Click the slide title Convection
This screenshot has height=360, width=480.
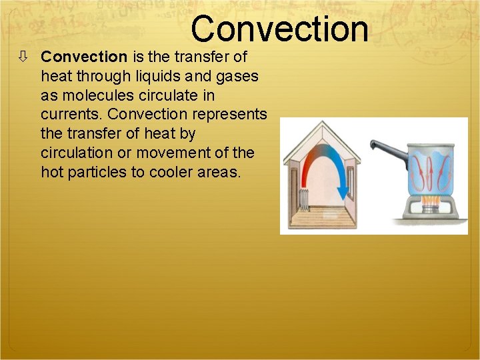279,29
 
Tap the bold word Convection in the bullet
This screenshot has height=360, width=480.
84,57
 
